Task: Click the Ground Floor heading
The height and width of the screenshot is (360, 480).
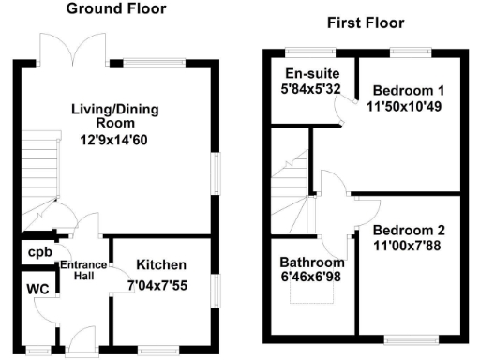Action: click(116, 9)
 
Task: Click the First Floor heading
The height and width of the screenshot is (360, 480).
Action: click(365, 22)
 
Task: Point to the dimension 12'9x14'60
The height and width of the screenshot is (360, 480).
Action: click(115, 142)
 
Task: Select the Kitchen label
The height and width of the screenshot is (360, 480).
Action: click(161, 265)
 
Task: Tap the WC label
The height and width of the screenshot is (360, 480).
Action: click(37, 288)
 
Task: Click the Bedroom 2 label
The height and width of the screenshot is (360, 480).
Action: click(409, 231)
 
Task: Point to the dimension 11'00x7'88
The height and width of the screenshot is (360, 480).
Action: click(409, 246)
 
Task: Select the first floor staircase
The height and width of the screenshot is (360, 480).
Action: click(291, 187)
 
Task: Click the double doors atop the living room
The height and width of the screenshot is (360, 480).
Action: click(76, 47)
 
